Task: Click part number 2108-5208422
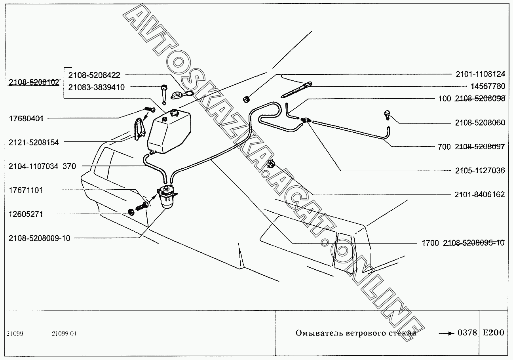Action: pyautogui.click(x=94, y=75)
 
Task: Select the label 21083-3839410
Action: pyautogui.click(x=97, y=87)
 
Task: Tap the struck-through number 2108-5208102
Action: pyautogui.click(x=34, y=82)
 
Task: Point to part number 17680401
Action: pyautogui.click(x=26, y=118)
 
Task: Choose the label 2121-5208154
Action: pyautogui.click(x=34, y=142)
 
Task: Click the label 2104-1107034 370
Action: pyautogui.click(x=42, y=166)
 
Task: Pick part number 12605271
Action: pyautogui.click(x=26, y=214)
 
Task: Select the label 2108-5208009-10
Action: pyautogui.click(x=40, y=238)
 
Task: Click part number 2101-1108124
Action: pyautogui.click(x=481, y=74)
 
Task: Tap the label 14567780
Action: pyautogui.click(x=488, y=86)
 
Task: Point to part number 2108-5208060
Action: pyautogui.click(x=480, y=123)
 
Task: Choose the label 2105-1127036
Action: pyautogui.click(x=480, y=170)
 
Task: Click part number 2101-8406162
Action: pyautogui.click(x=480, y=194)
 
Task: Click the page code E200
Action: pyautogui.click(x=494, y=333)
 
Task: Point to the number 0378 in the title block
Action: pyautogui.click(x=467, y=333)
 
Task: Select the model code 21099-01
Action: pyautogui.click(x=64, y=333)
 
